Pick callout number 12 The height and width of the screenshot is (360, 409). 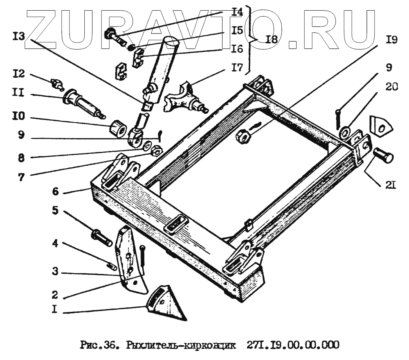(x=18, y=74)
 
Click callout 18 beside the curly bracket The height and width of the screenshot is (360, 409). (x=271, y=39)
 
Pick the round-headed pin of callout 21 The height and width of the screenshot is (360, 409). (x=383, y=157)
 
